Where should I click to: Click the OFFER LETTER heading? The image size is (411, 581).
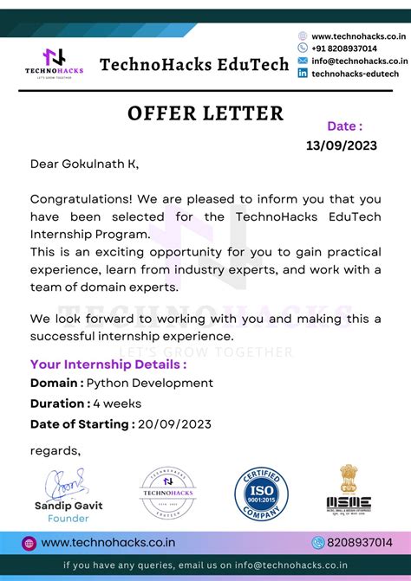click(x=205, y=113)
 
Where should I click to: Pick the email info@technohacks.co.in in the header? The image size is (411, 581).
click(x=359, y=61)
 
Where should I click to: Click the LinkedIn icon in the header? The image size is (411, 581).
click(x=303, y=74)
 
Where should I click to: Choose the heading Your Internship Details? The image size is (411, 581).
click(x=108, y=364)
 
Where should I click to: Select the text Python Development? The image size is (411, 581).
click(x=150, y=383)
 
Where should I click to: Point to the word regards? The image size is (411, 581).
click(x=55, y=449)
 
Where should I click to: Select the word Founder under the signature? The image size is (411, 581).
click(x=68, y=518)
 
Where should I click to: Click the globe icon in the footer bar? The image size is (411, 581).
click(x=29, y=543)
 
